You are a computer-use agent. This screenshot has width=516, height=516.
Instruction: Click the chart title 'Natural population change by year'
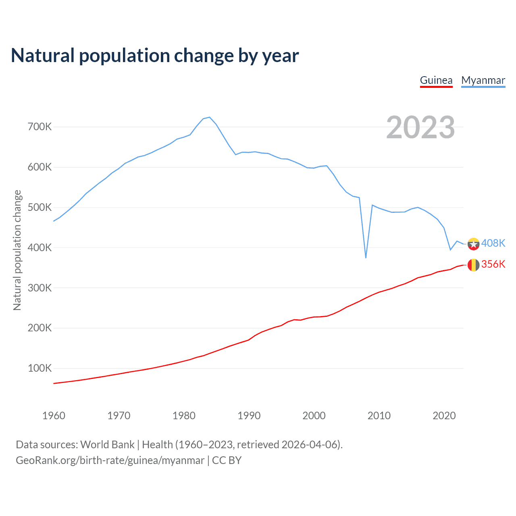click(155, 56)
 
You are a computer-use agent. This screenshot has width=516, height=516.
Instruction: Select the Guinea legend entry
click(436, 80)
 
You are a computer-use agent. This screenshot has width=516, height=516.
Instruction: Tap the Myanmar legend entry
click(483, 80)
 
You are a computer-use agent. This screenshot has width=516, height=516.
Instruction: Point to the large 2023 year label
click(420, 127)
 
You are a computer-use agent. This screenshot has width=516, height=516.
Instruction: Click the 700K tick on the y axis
click(40, 127)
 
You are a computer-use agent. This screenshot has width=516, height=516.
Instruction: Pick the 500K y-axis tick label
click(40, 208)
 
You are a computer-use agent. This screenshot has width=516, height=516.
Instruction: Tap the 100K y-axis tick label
click(40, 368)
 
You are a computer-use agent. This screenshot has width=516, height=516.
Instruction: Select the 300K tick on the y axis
click(40, 288)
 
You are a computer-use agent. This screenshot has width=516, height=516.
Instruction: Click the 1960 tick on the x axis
click(54, 416)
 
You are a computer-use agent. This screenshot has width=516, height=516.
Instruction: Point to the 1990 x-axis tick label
click(249, 416)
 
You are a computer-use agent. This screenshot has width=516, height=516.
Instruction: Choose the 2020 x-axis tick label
click(444, 416)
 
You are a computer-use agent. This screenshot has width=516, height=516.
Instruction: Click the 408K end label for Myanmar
click(493, 243)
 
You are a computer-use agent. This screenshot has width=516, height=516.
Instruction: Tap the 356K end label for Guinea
click(493, 264)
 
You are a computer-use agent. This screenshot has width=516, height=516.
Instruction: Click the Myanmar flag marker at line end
click(473, 244)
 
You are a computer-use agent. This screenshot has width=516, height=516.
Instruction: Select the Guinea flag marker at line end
click(473, 265)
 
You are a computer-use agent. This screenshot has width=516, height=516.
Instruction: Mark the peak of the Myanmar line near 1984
click(210, 117)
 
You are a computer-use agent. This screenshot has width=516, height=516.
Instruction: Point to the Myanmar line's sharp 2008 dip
click(366, 257)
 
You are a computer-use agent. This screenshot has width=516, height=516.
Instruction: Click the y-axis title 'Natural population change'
click(17, 250)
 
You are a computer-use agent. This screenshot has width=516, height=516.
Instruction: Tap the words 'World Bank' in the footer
click(107, 445)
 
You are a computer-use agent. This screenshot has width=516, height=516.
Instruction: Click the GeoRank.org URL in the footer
click(110, 460)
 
